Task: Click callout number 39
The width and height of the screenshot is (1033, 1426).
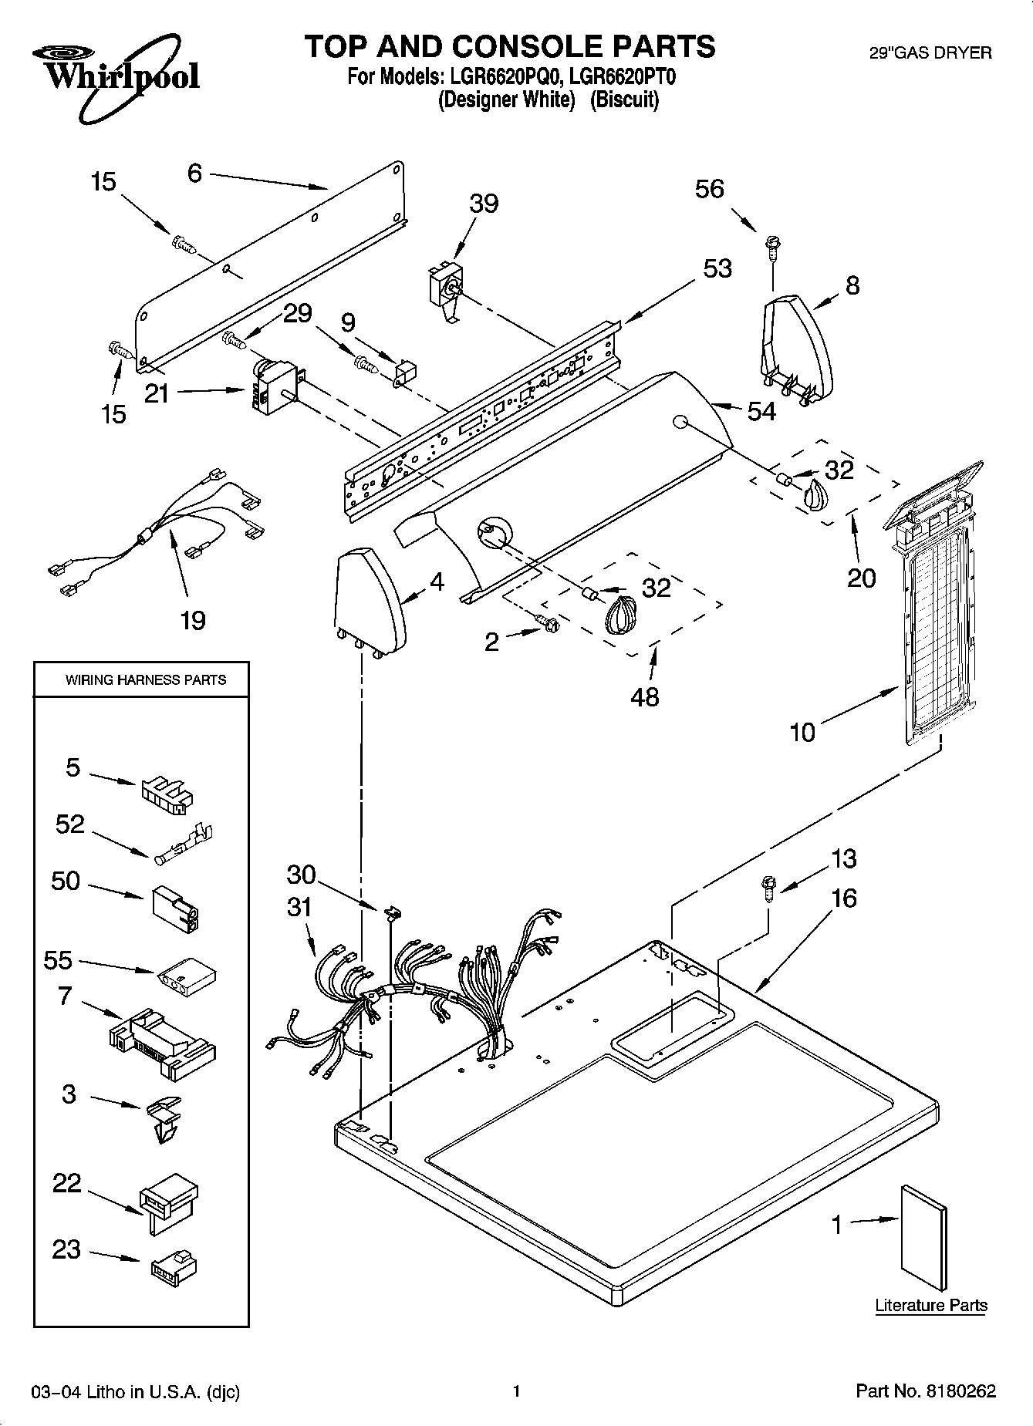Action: [x=484, y=204]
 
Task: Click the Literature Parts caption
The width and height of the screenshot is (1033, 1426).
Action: [x=930, y=1305]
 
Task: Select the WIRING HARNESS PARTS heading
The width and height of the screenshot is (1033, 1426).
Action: [x=145, y=679]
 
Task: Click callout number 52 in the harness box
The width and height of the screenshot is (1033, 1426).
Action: [x=69, y=824]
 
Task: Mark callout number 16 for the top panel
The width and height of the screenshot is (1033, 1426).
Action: [x=844, y=898]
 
